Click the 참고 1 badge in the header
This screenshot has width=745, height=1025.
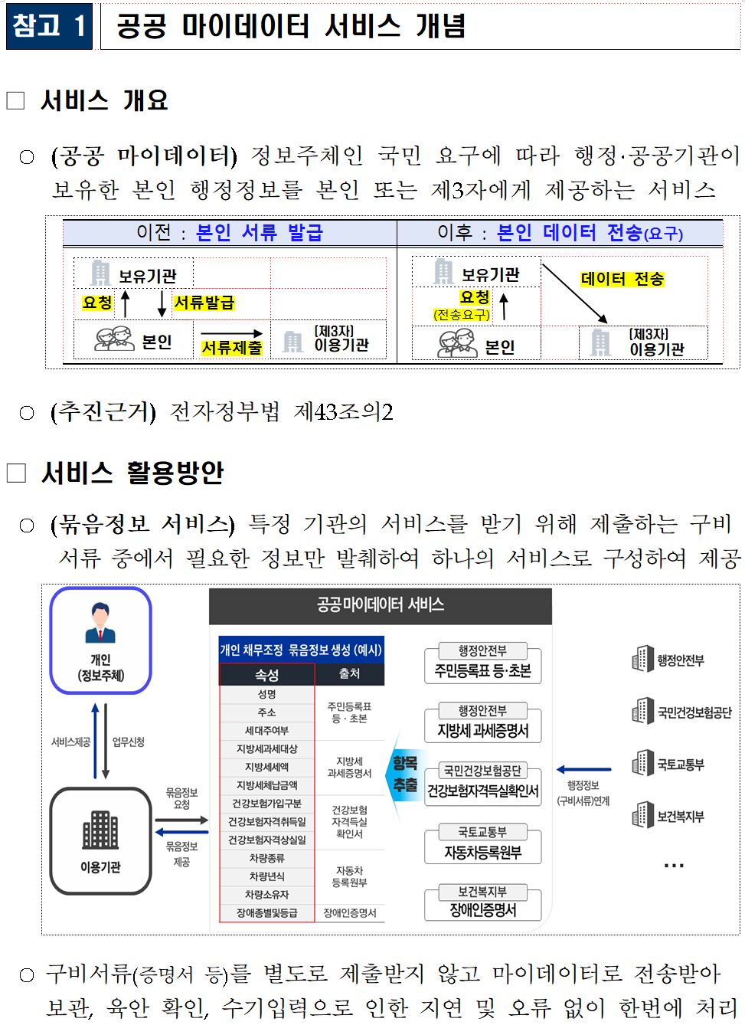point(49,27)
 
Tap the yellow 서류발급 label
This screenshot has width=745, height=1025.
point(204,303)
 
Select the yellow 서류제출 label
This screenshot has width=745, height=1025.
point(231,348)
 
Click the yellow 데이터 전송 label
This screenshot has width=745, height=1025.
point(622,279)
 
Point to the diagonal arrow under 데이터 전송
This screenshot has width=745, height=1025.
point(574,294)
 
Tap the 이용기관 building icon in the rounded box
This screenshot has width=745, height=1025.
point(100,829)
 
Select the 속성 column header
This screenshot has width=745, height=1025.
point(266,675)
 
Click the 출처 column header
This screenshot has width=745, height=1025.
point(349,673)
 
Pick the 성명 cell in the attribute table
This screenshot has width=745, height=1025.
point(266,694)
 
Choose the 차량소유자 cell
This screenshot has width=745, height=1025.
point(266,895)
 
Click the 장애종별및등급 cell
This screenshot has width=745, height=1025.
point(266,913)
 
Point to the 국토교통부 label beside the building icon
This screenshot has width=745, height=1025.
point(680,765)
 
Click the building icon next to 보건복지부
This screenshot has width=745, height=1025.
point(642,815)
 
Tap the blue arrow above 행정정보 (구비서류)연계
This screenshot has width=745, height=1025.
point(583,769)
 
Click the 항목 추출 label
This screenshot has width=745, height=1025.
point(405,774)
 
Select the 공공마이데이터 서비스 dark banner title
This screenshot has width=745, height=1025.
point(381,605)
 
